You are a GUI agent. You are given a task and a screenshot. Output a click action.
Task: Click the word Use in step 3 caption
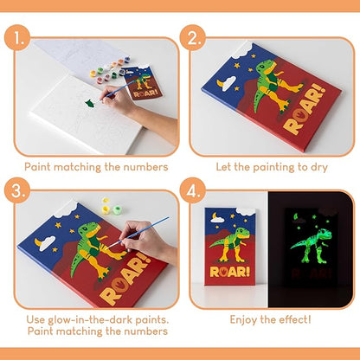[36, 320]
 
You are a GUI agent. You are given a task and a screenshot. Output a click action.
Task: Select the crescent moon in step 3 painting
[45, 244]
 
